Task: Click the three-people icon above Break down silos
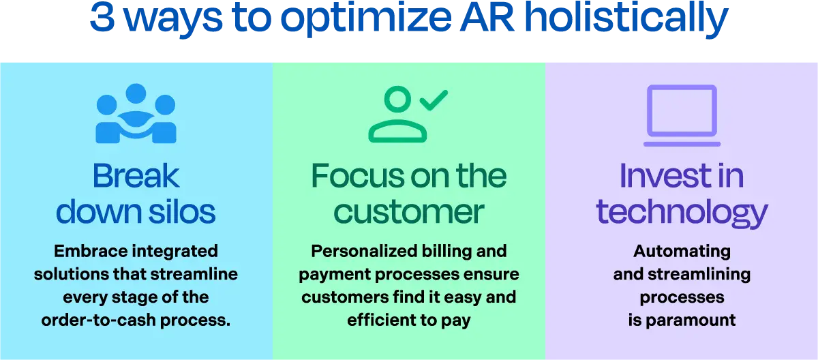pos(136,113)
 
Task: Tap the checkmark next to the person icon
pos(433,101)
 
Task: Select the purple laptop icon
pos(681,115)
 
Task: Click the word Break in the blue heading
pos(136,177)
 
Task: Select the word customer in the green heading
pos(409,212)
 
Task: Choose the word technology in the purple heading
pos(681,212)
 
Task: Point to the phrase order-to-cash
pos(93,320)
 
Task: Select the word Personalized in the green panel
pos(359,251)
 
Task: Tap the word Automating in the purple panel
pos(681,251)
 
